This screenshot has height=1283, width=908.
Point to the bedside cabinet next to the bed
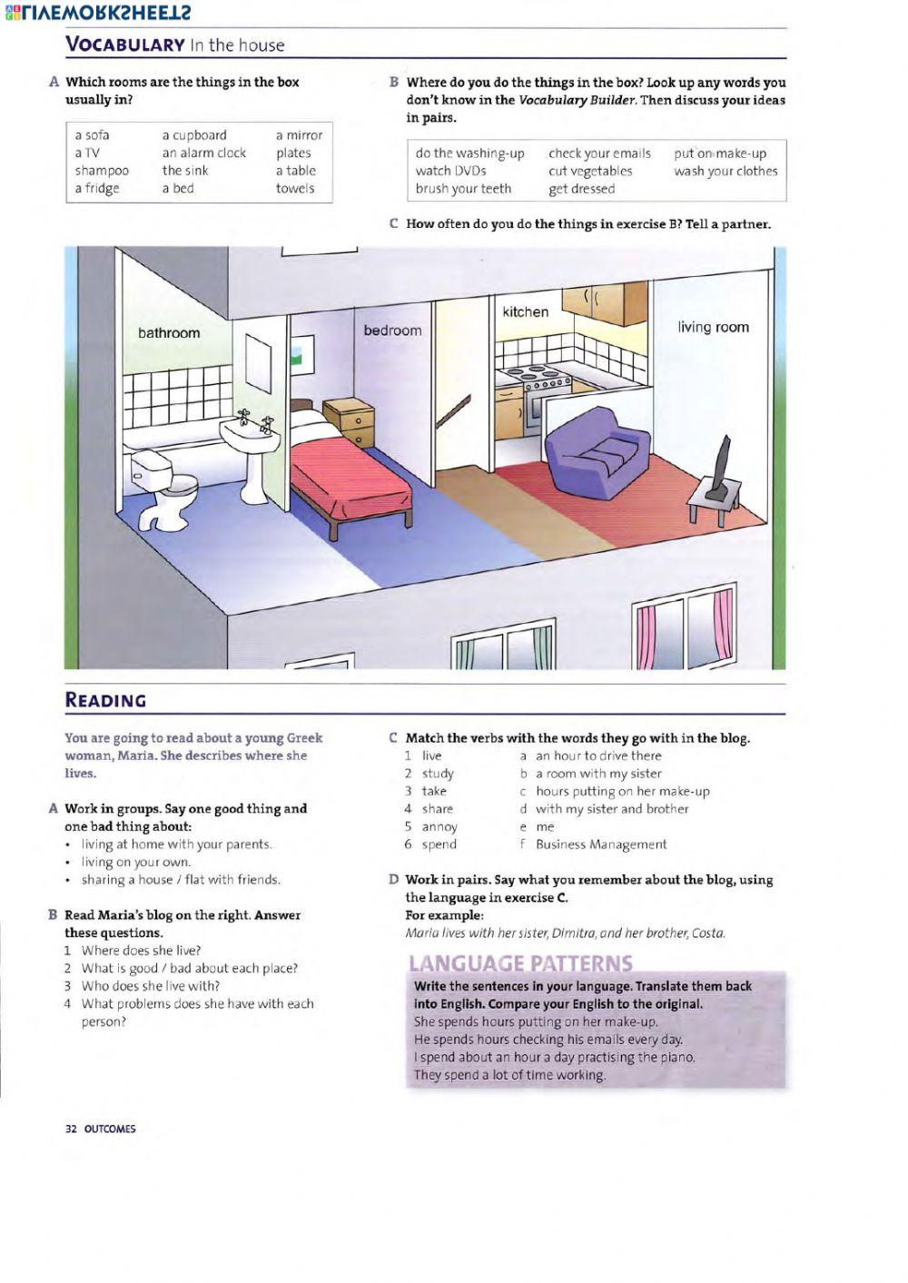pos(349,422)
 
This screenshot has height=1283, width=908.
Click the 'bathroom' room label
pos(169,333)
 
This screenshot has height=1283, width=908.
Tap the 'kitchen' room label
pos(526,311)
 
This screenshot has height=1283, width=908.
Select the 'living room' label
pos(713,327)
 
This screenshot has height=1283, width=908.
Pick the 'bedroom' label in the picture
pos(392,331)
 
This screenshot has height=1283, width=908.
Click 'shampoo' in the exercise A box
pos(102,171)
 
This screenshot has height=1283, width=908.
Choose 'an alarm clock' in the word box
pos(204,153)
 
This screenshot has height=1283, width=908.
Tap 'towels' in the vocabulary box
pos(295,189)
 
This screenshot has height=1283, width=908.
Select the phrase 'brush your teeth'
pos(463,189)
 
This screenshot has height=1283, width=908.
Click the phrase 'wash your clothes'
pos(725,171)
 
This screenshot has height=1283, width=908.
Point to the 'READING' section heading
pos(105,700)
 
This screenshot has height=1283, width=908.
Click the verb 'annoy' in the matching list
pos(439,826)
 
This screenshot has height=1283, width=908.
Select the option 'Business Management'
pos(601,844)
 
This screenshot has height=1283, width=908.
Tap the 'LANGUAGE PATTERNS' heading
pos(520,962)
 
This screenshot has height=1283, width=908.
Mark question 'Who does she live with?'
pos(151,985)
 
